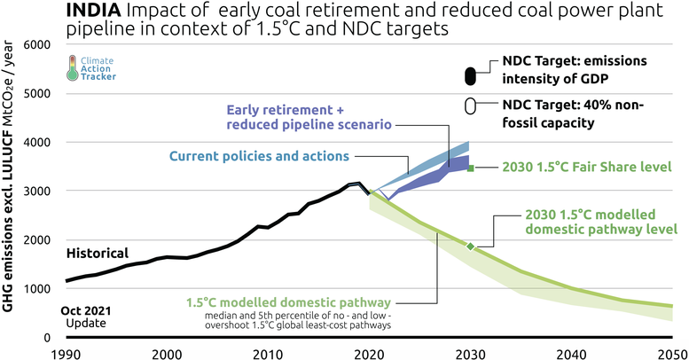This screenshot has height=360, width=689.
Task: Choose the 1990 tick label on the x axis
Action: pos(66,353)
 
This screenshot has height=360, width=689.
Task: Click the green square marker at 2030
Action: pos(471,168)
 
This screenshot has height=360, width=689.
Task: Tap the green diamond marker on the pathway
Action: pos(471,247)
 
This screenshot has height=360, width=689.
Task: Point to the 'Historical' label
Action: pos(97,253)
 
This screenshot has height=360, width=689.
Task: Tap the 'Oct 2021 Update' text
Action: pos(84,317)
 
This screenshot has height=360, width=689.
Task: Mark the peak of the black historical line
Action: pos(357,184)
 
